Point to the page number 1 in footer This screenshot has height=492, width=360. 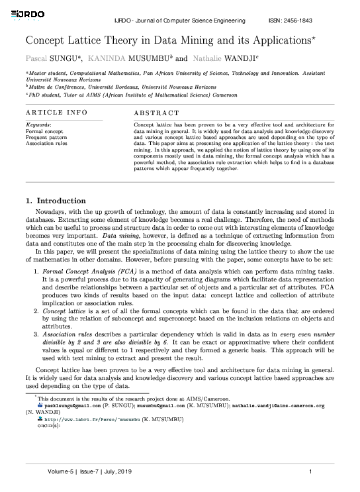coord(310,471)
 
